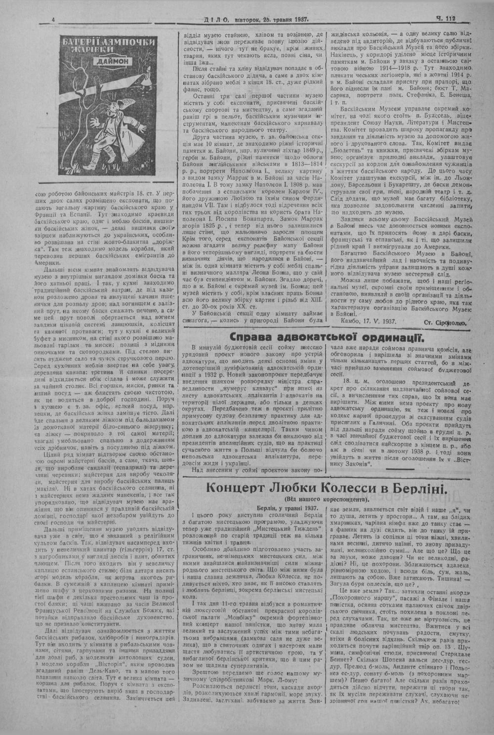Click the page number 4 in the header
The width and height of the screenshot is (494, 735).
(53, 19)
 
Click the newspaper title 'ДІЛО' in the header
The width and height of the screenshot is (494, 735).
(215, 19)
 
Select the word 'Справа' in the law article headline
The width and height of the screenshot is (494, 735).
(254, 338)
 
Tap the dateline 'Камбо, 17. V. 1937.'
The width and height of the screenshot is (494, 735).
(370, 321)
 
